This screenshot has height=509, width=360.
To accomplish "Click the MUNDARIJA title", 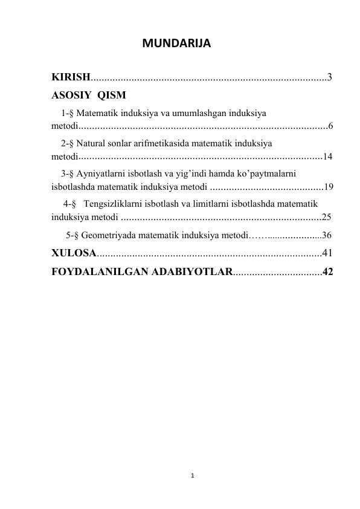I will click(x=175, y=44).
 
